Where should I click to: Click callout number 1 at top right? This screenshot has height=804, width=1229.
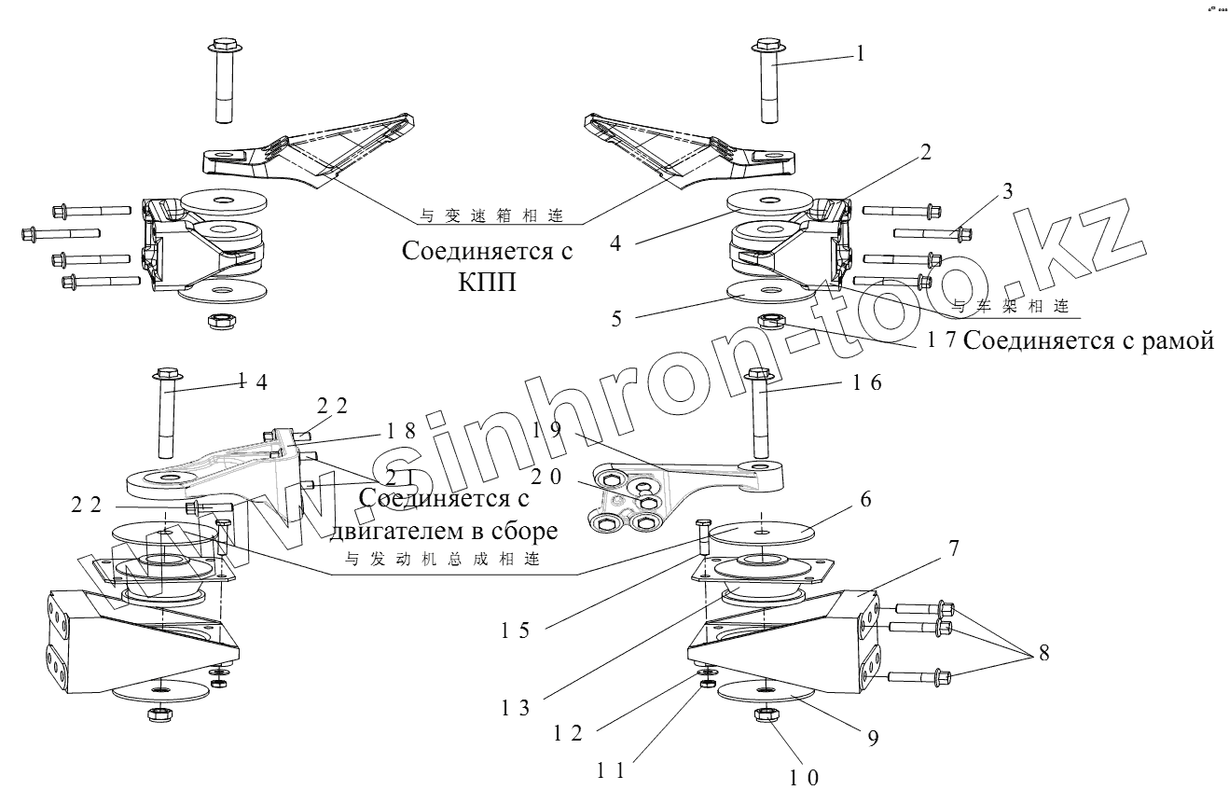tap(860, 54)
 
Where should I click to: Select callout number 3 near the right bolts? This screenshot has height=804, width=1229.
tap(1007, 191)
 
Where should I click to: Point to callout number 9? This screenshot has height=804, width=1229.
tap(873, 738)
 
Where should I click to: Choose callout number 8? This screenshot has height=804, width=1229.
tap(1043, 654)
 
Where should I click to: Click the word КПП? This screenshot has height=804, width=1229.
tap(487, 283)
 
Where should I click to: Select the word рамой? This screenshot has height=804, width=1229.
tap(1177, 341)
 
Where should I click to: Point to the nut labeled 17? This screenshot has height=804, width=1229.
tap(770, 324)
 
